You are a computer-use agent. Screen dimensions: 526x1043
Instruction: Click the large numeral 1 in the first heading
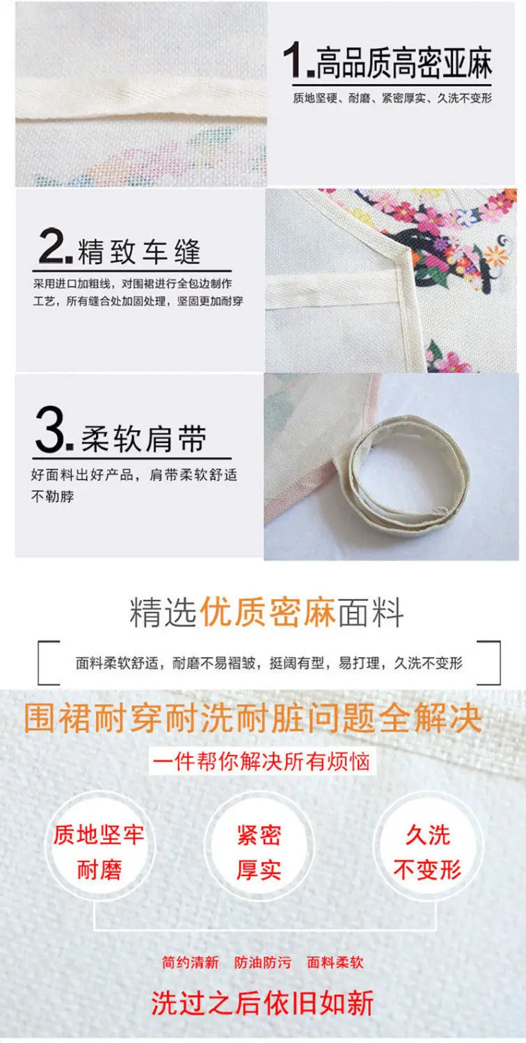coord(294,59)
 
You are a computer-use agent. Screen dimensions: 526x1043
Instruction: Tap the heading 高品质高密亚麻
coord(404,63)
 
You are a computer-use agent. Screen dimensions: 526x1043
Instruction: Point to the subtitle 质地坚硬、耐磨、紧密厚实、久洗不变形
coord(392,98)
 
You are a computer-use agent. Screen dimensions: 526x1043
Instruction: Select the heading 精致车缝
coord(139,252)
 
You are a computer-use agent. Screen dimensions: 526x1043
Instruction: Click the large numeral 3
coord(50,429)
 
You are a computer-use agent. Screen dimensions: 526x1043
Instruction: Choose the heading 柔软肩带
coord(143,439)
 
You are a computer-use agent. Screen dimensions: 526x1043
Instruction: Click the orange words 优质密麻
coord(267,613)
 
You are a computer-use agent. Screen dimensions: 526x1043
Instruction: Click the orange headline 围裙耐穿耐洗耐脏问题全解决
coord(253,718)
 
